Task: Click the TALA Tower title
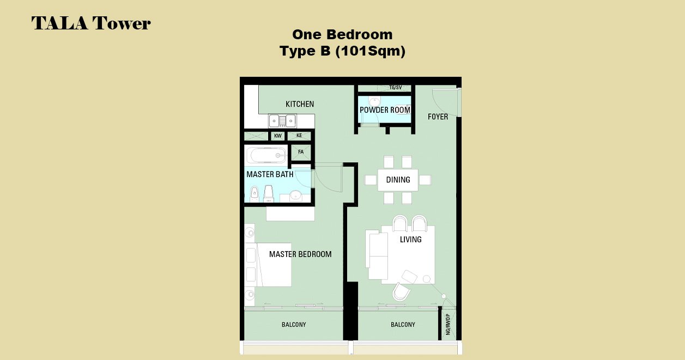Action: pos(91,23)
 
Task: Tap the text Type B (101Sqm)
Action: pos(342,51)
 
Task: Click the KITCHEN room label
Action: pos(300,104)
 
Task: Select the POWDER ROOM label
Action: pos(385,110)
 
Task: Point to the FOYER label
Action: pos(438,117)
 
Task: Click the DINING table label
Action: pos(398,180)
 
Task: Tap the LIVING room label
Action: pos(411,239)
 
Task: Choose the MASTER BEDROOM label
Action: pos(300,254)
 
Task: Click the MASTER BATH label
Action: pos(270,174)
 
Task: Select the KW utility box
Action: pos(278,136)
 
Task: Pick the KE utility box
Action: pos(299,136)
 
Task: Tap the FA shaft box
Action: pos(301,152)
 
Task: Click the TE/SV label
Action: pos(396,88)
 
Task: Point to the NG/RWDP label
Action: pos(448,325)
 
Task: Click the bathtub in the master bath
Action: pos(266,156)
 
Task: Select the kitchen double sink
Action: pos(282,121)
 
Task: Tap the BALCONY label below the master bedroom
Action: pos(294,325)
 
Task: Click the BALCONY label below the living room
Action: pos(403,325)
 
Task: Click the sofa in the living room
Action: pos(377,255)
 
